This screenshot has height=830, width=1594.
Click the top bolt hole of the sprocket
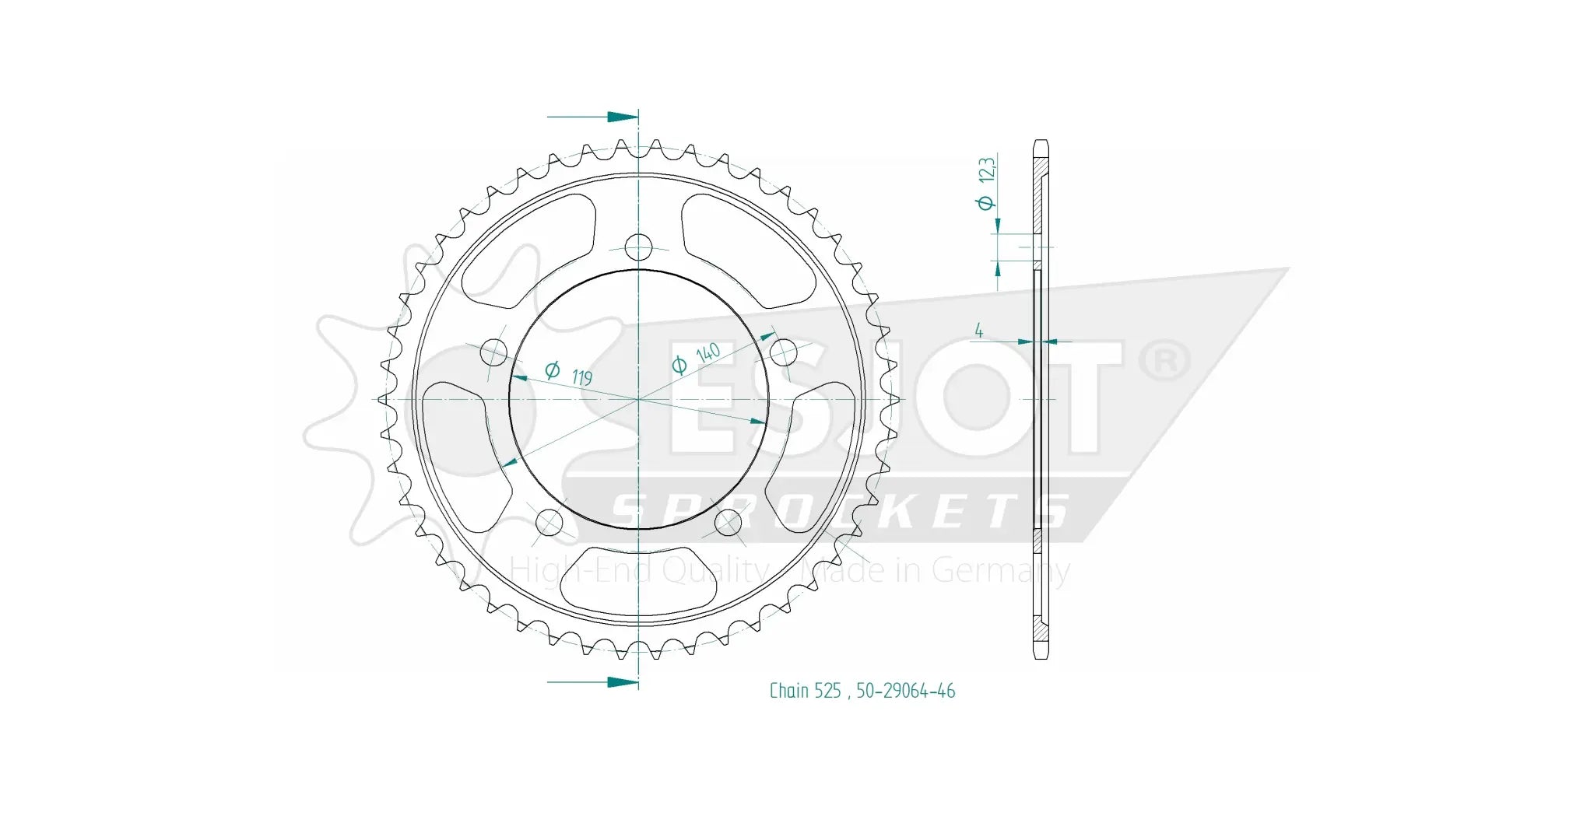(x=638, y=247)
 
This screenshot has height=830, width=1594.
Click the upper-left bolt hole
(x=493, y=352)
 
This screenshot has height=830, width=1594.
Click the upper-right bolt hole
(x=784, y=352)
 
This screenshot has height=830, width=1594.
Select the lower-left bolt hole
(x=549, y=521)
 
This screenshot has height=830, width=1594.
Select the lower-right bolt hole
(x=729, y=521)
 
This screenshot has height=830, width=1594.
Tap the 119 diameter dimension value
(x=581, y=377)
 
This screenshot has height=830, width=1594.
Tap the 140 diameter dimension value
(x=707, y=352)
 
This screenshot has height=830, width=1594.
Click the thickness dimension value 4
(x=978, y=331)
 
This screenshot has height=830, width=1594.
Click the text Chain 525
(x=805, y=691)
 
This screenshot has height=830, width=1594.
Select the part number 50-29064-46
(x=905, y=691)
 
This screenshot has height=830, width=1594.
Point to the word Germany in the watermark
(x=1000, y=571)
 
